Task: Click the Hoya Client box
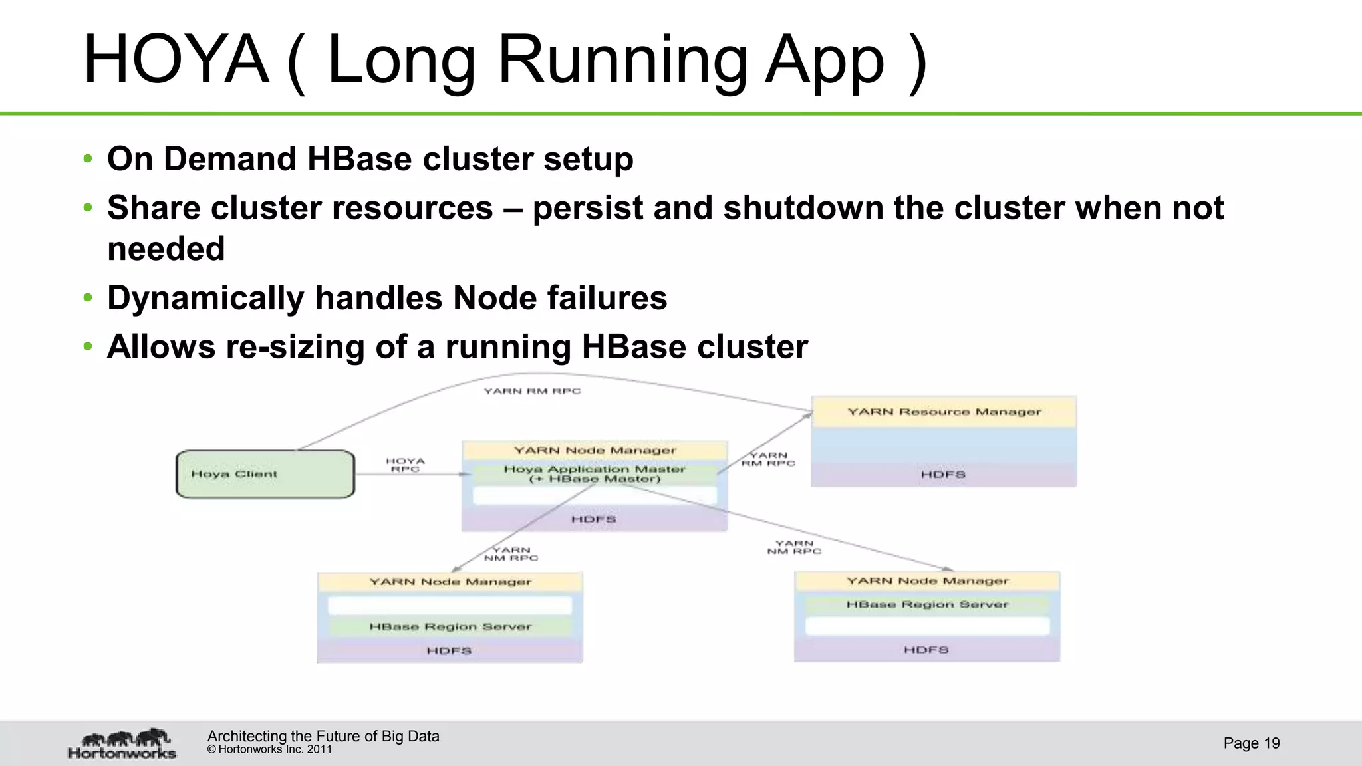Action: tap(265, 474)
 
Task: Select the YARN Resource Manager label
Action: tap(944, 412)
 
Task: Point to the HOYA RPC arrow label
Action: tap(405, 465)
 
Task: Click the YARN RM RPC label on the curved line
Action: tap(532, 391)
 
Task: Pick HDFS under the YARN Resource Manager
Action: tap(943, 475)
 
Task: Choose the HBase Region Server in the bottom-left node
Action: tap(450, 626)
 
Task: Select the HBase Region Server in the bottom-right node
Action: tap(927, 604)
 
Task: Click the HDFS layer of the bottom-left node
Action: tap(449, 650)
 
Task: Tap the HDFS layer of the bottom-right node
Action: tap(926, 650)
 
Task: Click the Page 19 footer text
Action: tap(1251, 743)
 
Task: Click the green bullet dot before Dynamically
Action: tap(88, 298)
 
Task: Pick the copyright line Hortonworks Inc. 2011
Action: tap(269, 749)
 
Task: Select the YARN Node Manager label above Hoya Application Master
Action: tap(595, 450)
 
